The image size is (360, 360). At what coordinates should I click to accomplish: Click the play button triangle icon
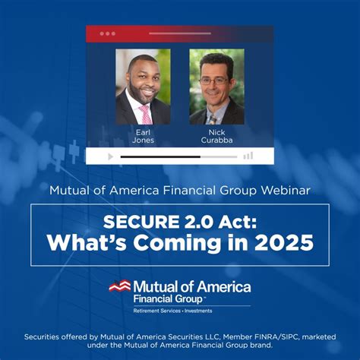point(111,156)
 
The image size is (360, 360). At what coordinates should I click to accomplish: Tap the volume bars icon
point(248,156)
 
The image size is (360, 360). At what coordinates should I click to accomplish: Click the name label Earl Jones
point(143,136)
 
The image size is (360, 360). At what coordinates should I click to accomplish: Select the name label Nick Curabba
point(216,136)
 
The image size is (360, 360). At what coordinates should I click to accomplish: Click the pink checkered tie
point(146,115)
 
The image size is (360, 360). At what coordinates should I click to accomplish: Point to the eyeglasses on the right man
point(214,81)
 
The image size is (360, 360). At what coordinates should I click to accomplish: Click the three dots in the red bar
point(108,33)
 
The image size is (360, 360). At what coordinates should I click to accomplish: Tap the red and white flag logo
point(120,286)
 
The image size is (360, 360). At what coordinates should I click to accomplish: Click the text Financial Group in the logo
point(168,299)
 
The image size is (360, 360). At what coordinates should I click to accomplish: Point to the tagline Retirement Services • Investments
point(172,311)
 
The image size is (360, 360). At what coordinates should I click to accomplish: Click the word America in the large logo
point(224,287)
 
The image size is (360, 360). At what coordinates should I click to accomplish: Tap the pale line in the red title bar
point(180,33)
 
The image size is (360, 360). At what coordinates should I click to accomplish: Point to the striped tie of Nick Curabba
point(213,120)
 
